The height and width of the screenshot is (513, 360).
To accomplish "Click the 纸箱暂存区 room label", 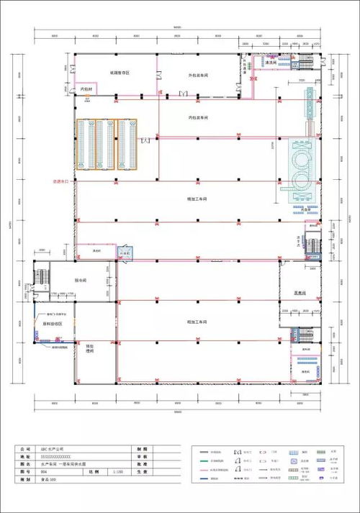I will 119,73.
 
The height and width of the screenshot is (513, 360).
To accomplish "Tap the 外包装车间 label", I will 198,74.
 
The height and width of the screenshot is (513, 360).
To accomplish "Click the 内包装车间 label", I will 198,117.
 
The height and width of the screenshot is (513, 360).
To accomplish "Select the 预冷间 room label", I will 81,280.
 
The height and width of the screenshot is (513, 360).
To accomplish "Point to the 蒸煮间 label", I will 301,293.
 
